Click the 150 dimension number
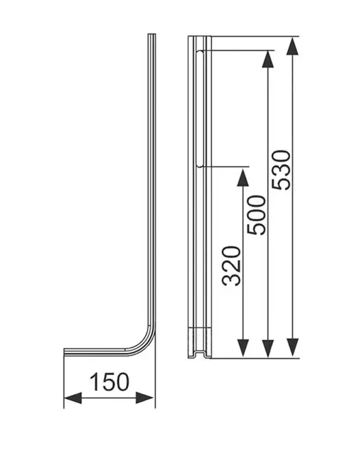pos(108,380)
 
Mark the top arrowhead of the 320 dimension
pos(242,177)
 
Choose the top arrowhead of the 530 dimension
pos(293,47)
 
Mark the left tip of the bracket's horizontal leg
pos(65,352)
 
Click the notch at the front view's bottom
pos(200,354)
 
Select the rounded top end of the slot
pos(199,52)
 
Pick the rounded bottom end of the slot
pos(199,164)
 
